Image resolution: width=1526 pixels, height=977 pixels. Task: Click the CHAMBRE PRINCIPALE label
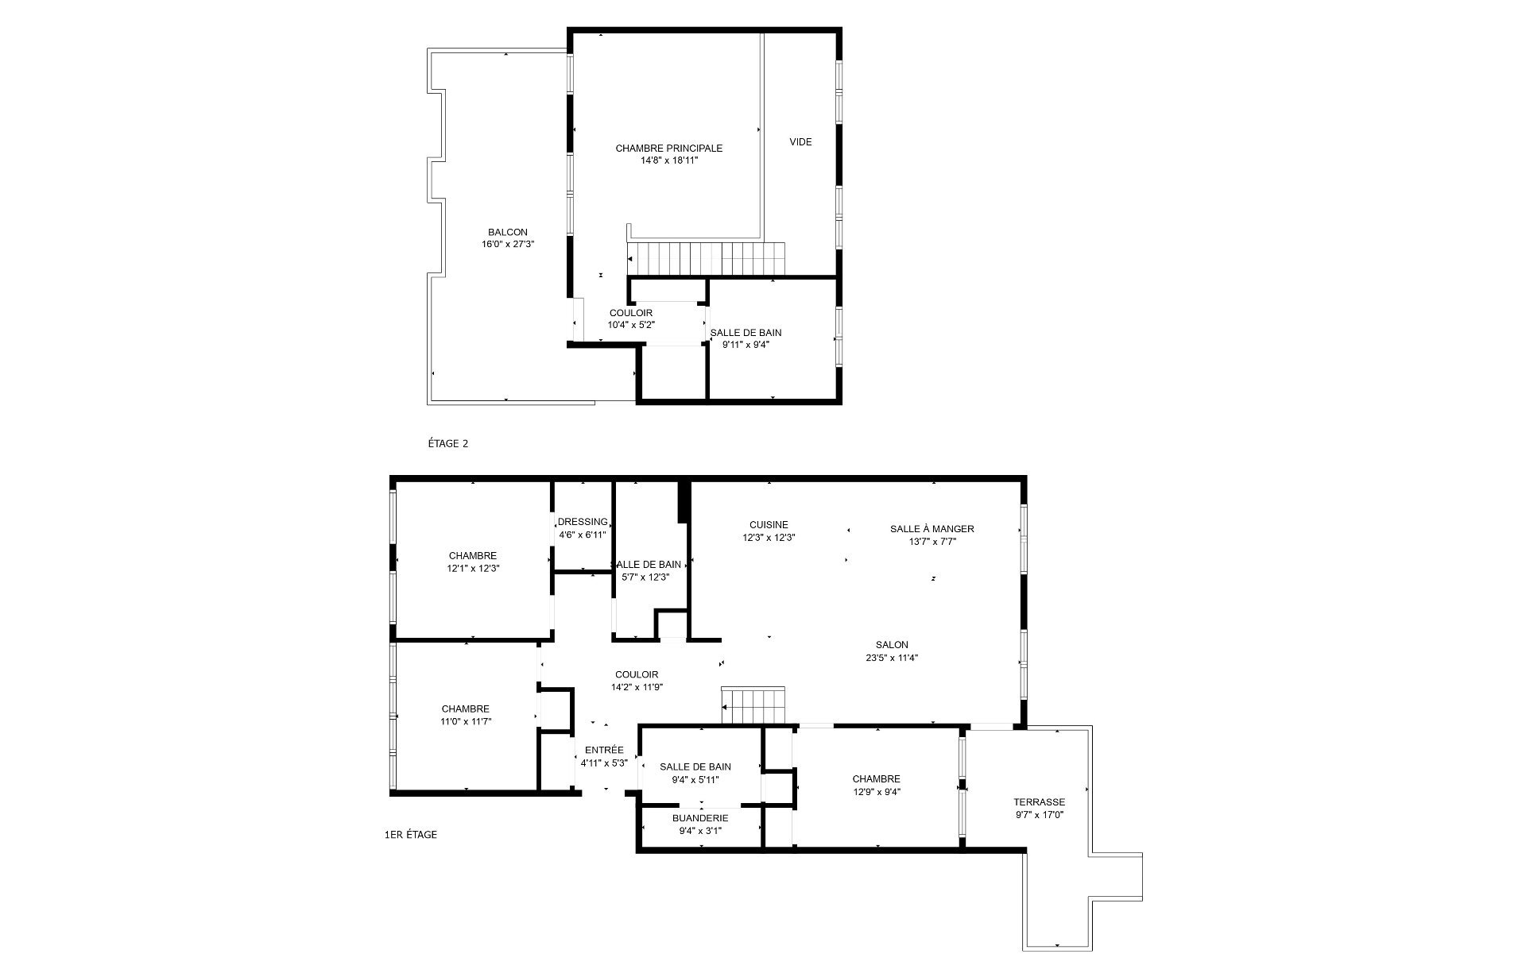coord(668,148)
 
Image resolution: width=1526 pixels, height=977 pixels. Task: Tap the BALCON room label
coord(507,232)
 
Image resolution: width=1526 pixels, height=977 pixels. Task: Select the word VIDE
coord(800,142)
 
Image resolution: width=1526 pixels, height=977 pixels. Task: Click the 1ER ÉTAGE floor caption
coord(410,834)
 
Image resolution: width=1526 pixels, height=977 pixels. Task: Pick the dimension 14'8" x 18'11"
coord(668,160)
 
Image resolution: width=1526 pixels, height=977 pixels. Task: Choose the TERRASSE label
coord(1039,802)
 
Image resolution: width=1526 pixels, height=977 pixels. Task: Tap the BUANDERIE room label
coord(699,817)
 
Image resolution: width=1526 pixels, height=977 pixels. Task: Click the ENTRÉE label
coord(604,750)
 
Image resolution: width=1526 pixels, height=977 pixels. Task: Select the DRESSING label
coord(583,522)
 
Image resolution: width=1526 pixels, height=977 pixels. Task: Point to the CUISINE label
coord(769,524)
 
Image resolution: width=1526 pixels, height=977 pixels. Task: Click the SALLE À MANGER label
coord(931,529)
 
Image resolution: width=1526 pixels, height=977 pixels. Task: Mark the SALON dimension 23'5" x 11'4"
coord(892,657)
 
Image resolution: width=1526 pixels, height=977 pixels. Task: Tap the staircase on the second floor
coord(706,259)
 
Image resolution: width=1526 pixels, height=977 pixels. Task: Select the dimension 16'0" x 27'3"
coord(507,244)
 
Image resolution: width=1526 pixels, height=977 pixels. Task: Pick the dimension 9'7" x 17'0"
coord(1039,814)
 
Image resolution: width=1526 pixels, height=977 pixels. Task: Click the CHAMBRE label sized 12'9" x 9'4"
coord(876,779)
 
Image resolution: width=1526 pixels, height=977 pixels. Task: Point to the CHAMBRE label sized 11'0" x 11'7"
coord(465,709)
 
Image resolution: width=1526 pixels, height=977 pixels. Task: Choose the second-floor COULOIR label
coord(631,313)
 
